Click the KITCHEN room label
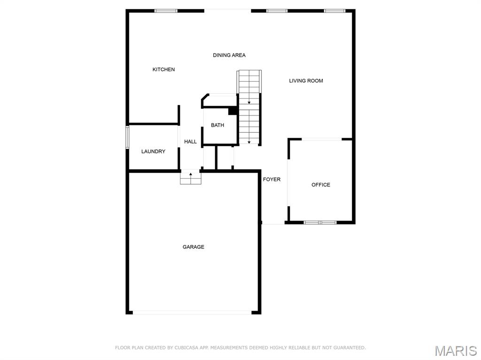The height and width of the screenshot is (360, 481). [x=163, y=69]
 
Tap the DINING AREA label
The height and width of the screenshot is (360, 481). [x=229, y=55]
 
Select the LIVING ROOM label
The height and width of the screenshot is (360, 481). [x=306, y=81]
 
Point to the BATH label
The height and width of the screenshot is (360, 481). [x=217, y=125]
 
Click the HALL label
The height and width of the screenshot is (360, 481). [x=190, y=142]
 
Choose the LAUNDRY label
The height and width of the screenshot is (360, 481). [x=153, y=152]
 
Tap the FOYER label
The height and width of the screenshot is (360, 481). [x=272, y=179]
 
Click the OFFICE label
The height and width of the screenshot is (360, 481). [x=321, y=185]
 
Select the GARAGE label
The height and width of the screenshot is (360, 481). [x=194, y=247]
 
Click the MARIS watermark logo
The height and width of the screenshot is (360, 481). [x=455, y=351]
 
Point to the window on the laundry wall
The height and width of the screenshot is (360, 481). [x=127, y=137]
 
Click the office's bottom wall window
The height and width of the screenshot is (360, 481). [x=320, y=222]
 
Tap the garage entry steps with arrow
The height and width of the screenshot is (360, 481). [x=191, y=177]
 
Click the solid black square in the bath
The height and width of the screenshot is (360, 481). [x=232, y=111]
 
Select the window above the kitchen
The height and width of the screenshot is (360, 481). [x=166, y=11]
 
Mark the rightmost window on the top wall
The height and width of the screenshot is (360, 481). [x=334, y=11]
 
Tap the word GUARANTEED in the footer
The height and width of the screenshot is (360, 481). [x=348, y=348]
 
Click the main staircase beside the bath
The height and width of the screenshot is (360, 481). [x=249, y=108]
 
